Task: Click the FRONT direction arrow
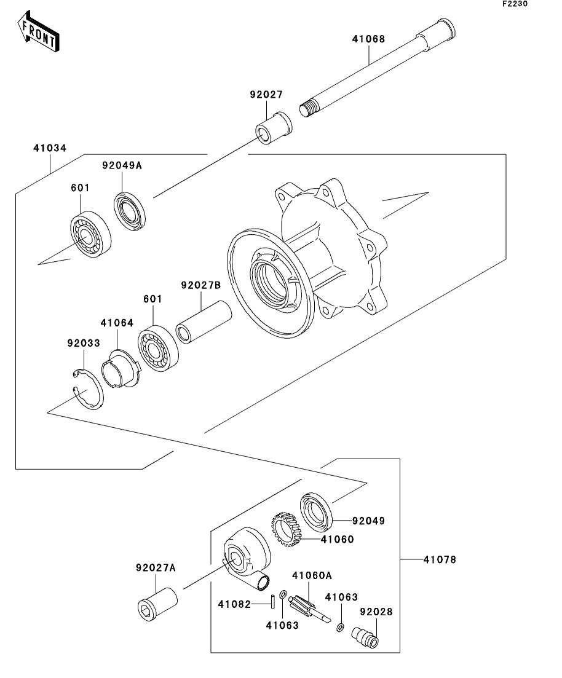click(x=39, y=31)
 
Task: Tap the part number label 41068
click(x=368, y=39)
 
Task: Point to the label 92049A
click(x=122, y=165)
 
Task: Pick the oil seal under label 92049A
click(x=130, y=211)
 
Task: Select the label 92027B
click(x=200, y=285)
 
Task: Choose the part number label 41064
click(x=117, y=323)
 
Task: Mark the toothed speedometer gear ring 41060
click(x=286, y=530)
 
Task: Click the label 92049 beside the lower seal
click(x=368, y=521)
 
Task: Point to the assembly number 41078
click(x=440, y=559)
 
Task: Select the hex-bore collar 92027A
click(x=157, y=604)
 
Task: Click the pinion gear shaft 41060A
click(x=309, y=607)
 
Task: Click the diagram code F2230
click(x=515, y=4)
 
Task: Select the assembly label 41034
click(x=50, y=148)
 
